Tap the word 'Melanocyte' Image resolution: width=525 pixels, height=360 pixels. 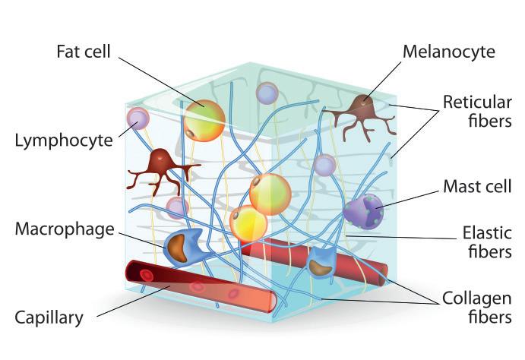[448, 52]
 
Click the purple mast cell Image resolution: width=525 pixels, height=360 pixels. [362, 209]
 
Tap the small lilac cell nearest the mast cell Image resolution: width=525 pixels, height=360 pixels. [324, 165]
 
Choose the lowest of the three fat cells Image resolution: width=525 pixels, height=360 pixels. [248, 223]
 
